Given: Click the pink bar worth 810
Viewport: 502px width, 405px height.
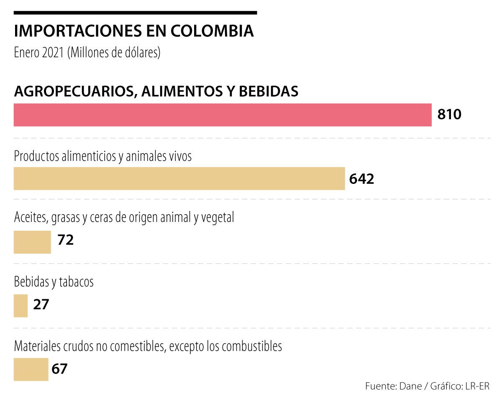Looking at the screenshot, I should (223, 115).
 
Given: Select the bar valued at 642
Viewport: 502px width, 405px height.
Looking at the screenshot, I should (179, 178).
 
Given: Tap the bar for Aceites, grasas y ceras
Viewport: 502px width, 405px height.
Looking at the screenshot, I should (32, 242).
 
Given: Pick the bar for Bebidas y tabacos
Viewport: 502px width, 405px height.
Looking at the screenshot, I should (20, 306).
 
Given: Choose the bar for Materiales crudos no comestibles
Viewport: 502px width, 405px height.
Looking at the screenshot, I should (31, 369).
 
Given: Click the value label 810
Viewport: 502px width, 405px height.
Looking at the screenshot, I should (449, 114).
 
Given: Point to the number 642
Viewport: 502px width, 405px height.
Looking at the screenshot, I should (361, 179).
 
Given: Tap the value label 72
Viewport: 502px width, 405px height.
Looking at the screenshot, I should (66, 240).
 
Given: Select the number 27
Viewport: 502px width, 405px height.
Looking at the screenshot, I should (41, 304).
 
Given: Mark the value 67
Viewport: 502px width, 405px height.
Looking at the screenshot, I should (59, 369).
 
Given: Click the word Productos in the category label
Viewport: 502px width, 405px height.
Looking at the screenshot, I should (36, 157).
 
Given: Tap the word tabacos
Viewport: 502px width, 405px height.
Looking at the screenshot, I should (76, 282).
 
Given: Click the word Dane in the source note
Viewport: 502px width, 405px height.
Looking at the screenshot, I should (410, 386).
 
